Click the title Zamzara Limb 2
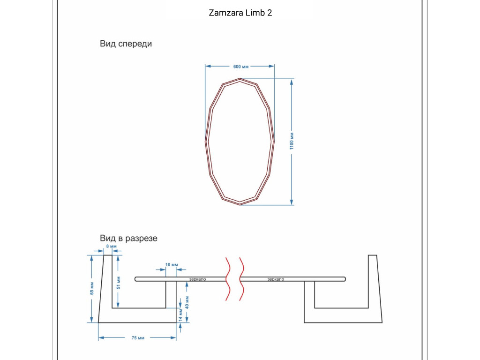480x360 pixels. (x=240, y=13)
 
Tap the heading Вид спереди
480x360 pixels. (x=126, y=44)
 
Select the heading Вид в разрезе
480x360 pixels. (x=128, y=238)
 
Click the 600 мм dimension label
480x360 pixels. (x=241, y=67)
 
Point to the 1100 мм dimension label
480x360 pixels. (x=292, y=141)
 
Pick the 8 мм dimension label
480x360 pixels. (x=112, y=246)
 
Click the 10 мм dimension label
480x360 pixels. (x=172, y=264)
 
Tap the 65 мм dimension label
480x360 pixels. (x=92, y=288)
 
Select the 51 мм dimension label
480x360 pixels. (x=119, y=283)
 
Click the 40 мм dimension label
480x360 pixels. (x=187, y=302)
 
